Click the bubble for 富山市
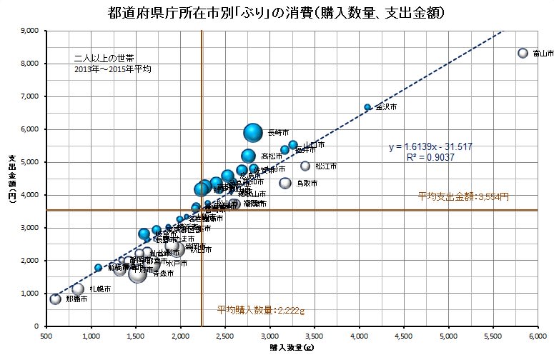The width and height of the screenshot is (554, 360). click(523, 54)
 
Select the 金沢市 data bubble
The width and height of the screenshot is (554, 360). click(367, 107)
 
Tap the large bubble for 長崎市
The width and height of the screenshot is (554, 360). click(253, 132)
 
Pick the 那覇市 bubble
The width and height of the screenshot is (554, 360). click(55, 299)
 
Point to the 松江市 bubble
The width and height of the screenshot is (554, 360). click(305, 166)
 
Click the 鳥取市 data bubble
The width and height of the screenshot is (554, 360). click(285, 183)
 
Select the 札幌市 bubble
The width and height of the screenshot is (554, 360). click(79, 289)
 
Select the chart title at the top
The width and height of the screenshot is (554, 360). click(277, 13)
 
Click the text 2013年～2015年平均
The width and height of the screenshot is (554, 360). click(112, 69)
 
